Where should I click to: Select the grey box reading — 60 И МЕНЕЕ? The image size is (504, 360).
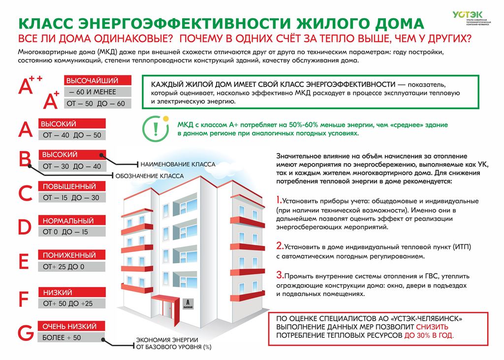(98, 92)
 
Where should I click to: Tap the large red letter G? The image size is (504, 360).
(25, 333)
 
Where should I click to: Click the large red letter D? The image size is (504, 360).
(25, 227)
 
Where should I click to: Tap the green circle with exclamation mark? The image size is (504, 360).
(154, 127)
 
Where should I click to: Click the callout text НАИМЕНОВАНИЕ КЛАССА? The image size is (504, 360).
(178, 164)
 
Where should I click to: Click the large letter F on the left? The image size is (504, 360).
(24, 299)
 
